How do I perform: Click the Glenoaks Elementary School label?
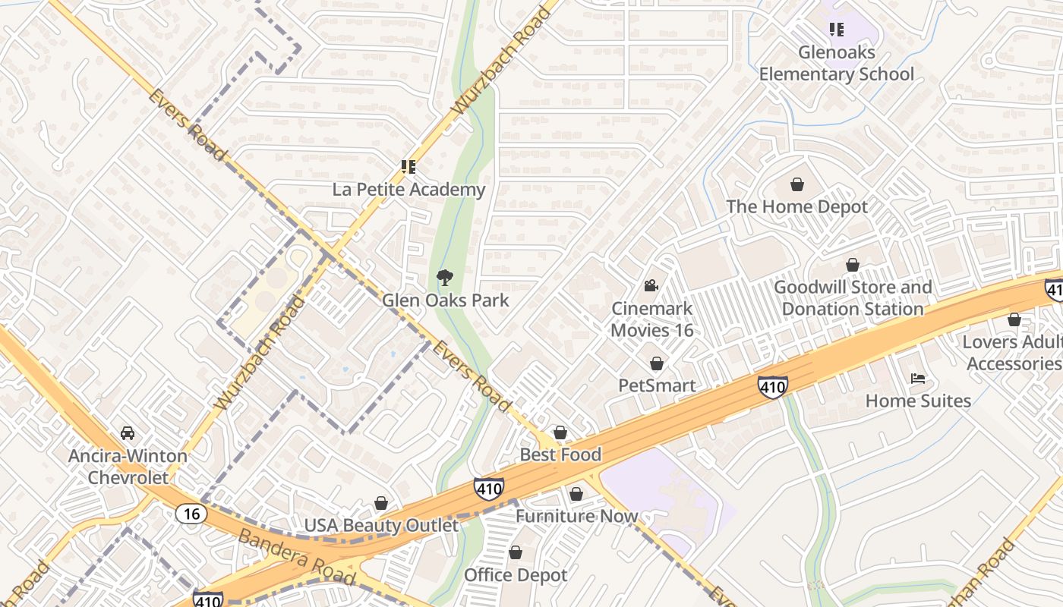[836, 64]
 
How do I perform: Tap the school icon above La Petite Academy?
[408, 167]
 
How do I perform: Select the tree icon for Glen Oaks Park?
[445, 278]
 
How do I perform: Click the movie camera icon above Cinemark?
[651, 286]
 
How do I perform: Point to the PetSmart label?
[657, 385]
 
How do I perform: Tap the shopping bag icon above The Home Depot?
[797, 184]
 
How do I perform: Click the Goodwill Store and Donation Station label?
[853, 298]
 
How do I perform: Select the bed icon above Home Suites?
[918, 379]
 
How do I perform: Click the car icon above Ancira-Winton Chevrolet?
[128, 433]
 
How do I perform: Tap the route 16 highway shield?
[191, 514]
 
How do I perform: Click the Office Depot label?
[516, 575]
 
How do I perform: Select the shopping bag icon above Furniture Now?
[576, 494]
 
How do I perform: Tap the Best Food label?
[560, 454]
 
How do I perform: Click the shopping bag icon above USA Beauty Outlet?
[381, 504]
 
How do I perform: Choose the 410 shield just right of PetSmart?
[772, 387]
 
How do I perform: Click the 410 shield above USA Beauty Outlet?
[488, 489]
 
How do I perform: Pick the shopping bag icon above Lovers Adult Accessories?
[1014, 320]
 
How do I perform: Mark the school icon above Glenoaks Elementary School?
[836, 30]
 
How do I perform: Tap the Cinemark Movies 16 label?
[652, 319]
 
